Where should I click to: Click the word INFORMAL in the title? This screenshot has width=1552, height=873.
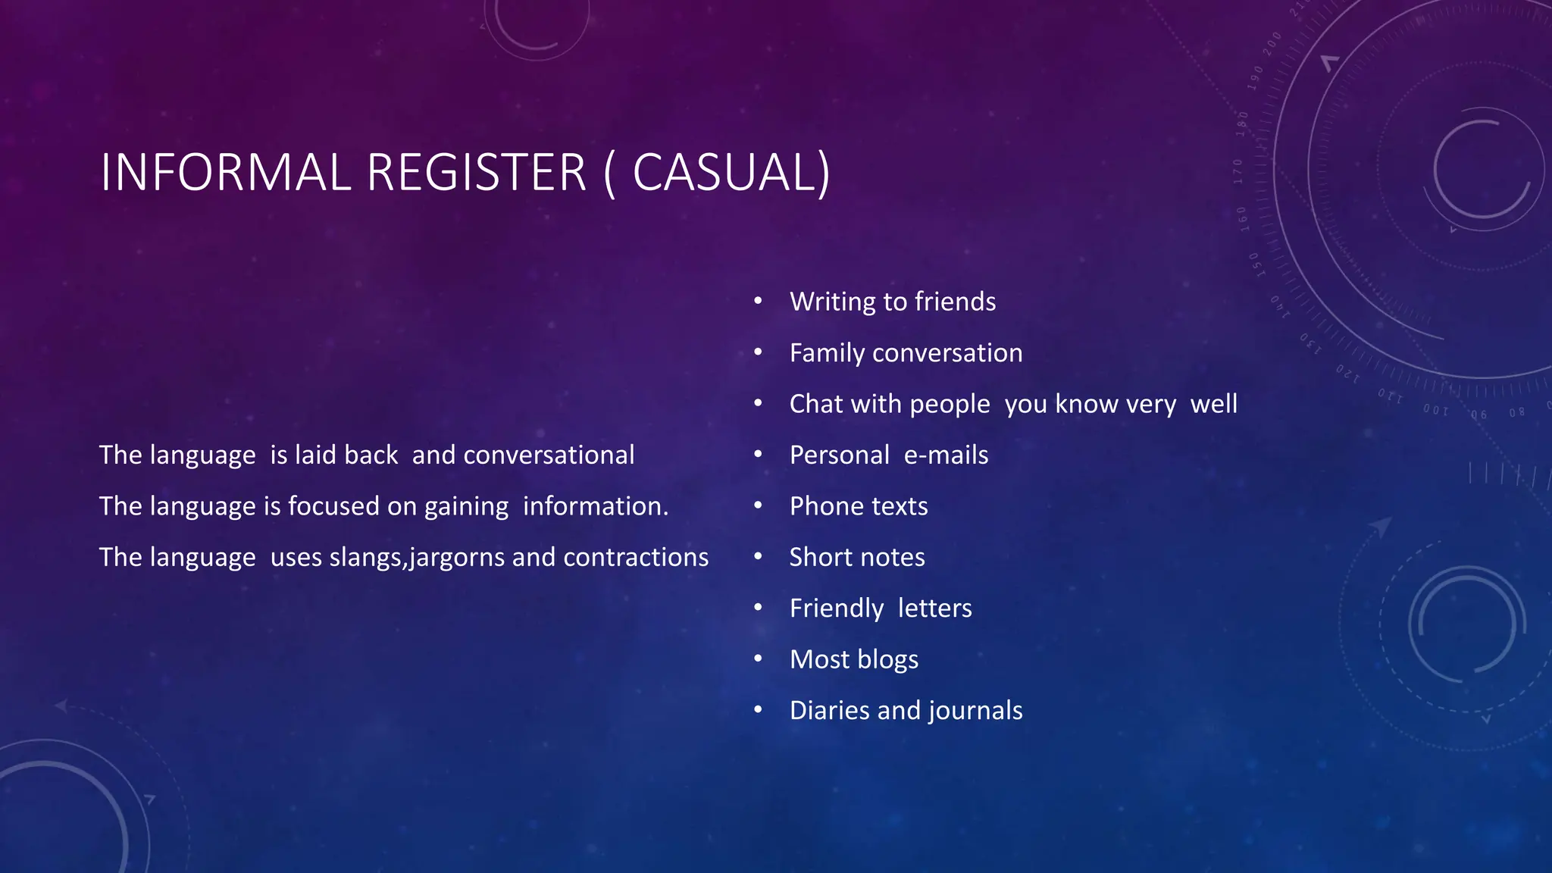click(225, 173)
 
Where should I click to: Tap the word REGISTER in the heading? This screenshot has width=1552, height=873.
click(477, 173)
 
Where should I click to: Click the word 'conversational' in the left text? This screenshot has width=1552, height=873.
click(549, 455)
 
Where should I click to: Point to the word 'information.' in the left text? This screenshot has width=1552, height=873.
click(596, 506)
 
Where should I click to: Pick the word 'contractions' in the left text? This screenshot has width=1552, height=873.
click(636, 557)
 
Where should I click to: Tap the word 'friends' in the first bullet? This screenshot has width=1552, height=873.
click(955, 302)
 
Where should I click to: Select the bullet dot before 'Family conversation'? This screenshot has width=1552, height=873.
click(758, 352)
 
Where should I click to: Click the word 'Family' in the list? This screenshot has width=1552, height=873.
click(827, 353)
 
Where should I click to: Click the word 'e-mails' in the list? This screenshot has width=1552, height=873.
click(946, 455)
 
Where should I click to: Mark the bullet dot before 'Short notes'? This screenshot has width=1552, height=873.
click(758, 557)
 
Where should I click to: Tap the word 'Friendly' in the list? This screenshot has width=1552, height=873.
click(836, 609)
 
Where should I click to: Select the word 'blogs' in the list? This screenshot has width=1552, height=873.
click(887, 660)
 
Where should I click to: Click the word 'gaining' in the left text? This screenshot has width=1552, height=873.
click(466, 507)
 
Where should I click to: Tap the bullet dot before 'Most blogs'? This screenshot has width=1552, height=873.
click(758, 659)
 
